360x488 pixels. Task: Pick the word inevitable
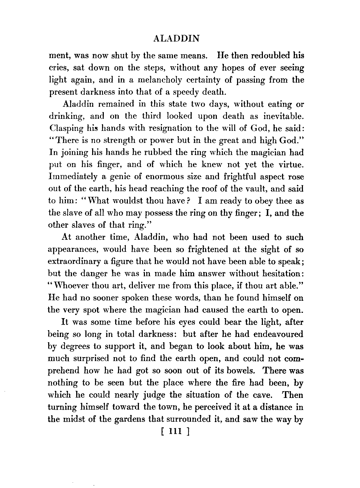click(x=281, y=116)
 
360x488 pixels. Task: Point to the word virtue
click(x=291, y=165)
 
